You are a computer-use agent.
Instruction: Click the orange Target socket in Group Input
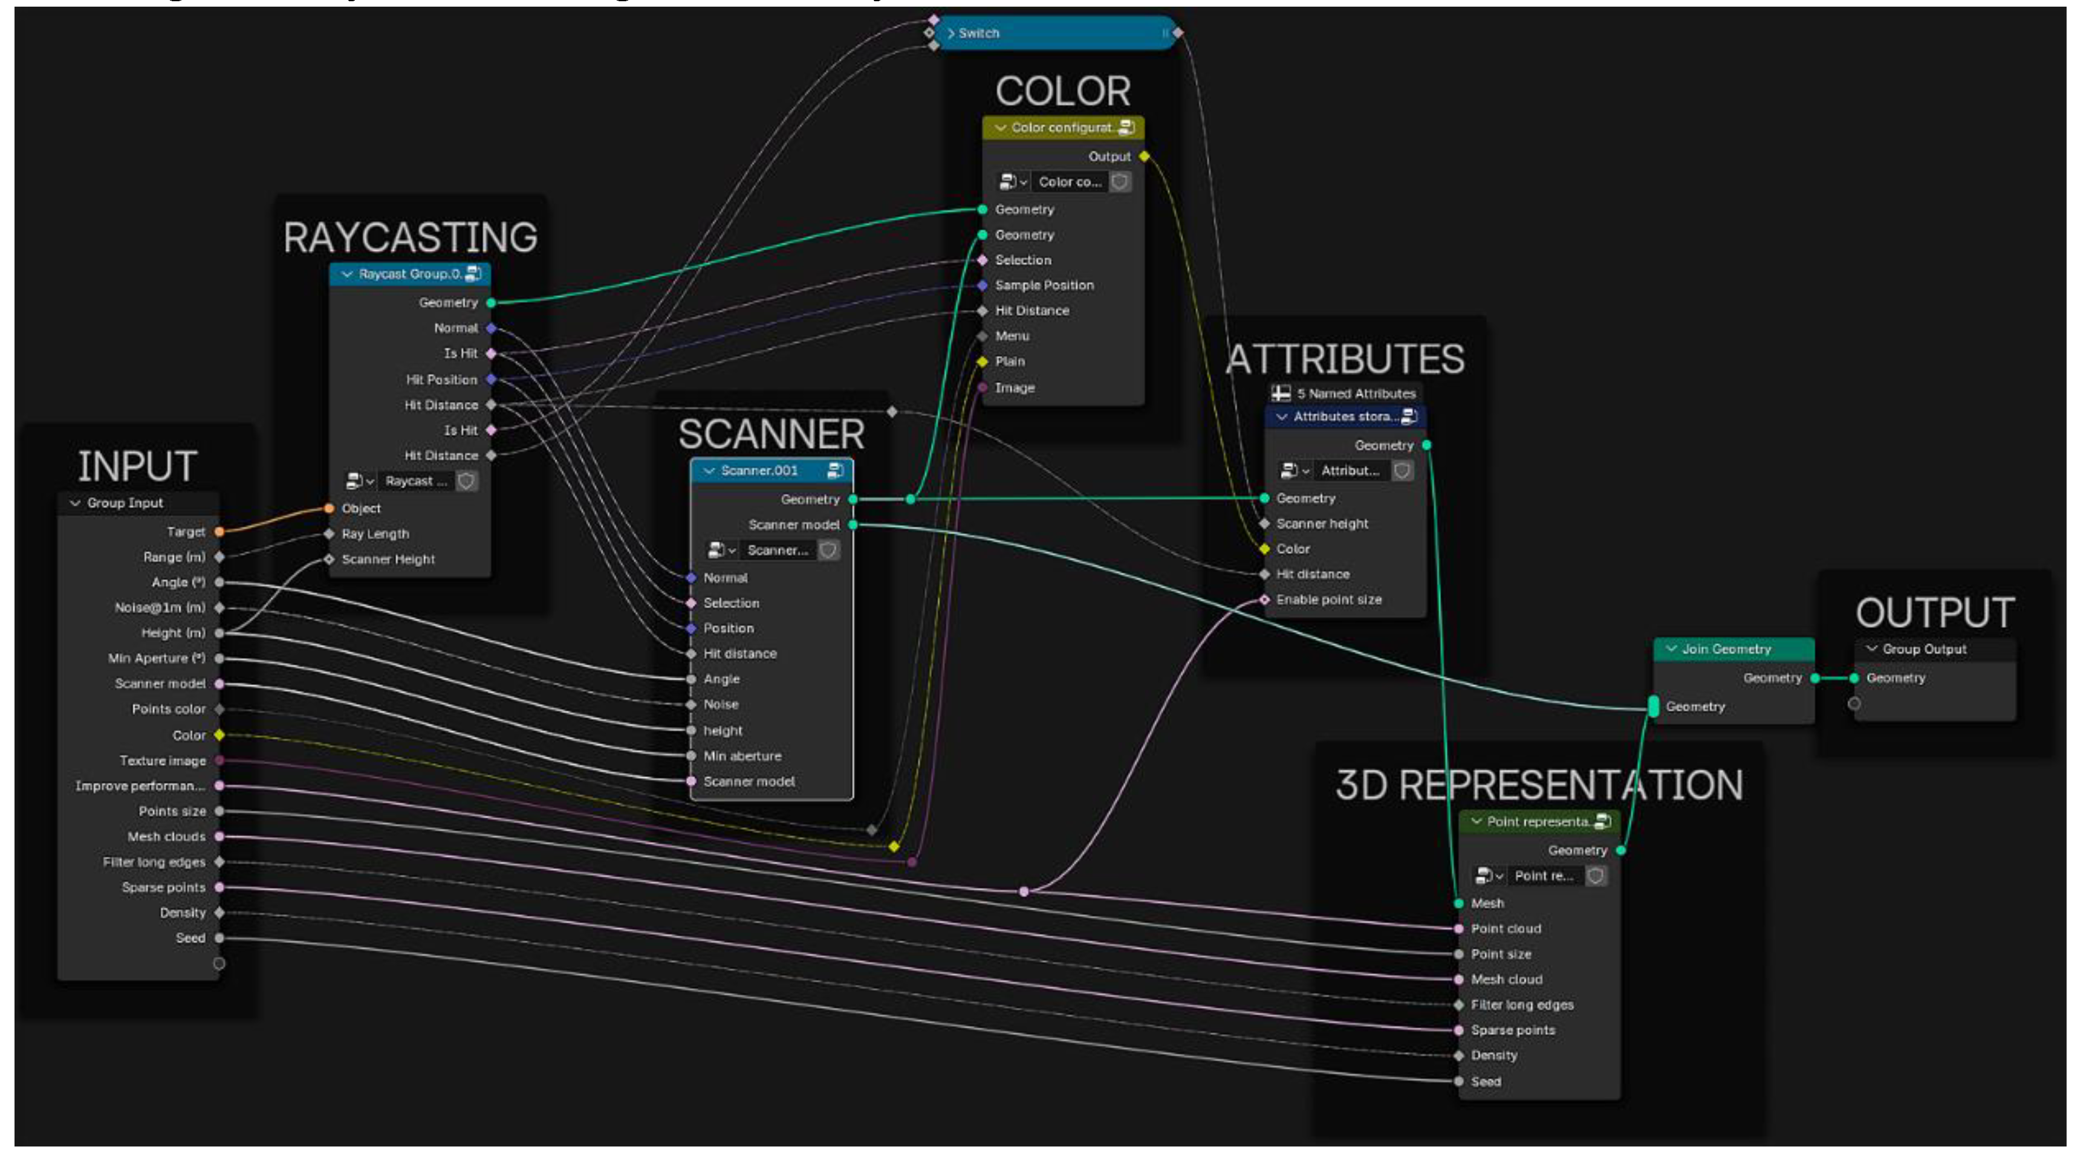(219, 532)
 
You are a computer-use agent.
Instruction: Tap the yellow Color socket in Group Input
(219, 735)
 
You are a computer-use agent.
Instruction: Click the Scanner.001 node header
(764, 471)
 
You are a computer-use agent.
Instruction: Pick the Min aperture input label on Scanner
(742, 756)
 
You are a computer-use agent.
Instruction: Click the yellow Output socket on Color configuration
(1145, 156)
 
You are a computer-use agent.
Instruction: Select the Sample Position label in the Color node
(1044, 285)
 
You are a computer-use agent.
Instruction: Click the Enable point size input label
(1328, 599)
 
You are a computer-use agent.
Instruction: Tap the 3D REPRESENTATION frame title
(1539, 785)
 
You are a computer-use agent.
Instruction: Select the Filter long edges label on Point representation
(1522, 1004)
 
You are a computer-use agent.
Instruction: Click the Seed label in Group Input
(191, 938)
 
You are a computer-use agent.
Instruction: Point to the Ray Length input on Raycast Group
(375, 534)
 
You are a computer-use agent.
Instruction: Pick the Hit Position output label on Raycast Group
(442, 379)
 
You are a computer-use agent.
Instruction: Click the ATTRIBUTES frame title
(1346, 359)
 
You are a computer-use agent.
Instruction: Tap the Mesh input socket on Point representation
(1460, 903)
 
